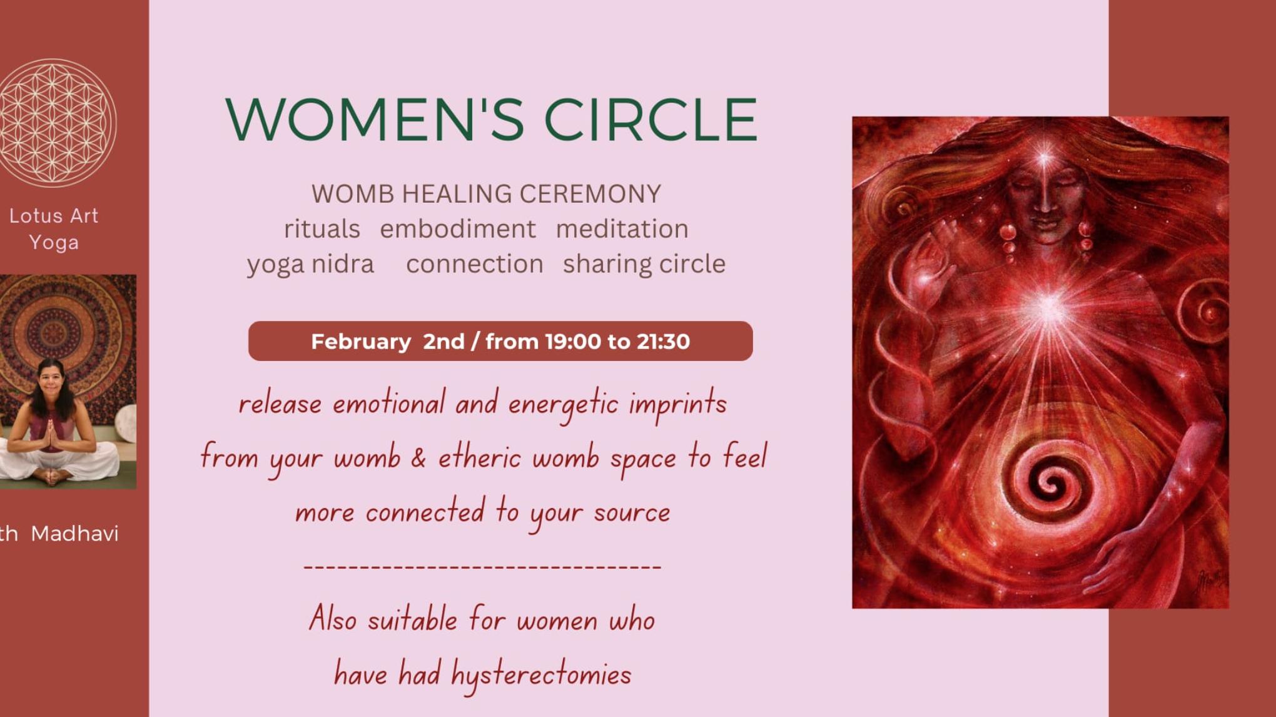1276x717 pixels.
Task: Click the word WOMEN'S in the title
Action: point(375,119)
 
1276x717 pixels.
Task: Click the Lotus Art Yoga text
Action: point(54,229)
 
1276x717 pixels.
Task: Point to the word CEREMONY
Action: point(590,194)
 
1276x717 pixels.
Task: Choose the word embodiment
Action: point(458,229)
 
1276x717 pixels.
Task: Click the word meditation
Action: point(622,229)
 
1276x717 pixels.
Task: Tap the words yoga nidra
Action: point(310,265)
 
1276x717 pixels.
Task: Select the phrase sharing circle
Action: point(644,265)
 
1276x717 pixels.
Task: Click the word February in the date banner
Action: point(361,342)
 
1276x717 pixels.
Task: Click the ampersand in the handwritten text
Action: point(418,458)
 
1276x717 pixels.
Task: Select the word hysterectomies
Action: point(541,675)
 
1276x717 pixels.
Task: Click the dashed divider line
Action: point(482,567)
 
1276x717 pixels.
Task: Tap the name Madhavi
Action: point(74,534)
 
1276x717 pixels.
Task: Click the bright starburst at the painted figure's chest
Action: point(1047,307)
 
